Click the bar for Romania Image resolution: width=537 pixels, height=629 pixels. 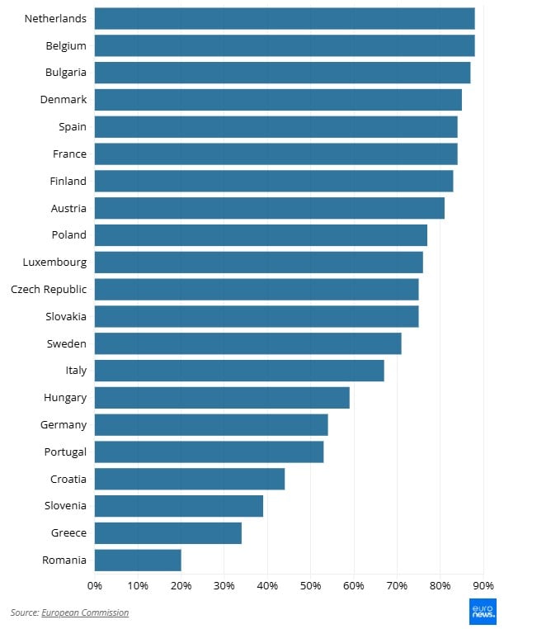click(x=138, y=560)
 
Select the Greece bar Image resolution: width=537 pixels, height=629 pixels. click(x=168, y=532)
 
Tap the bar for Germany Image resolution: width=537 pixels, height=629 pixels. click(x=211, y=424)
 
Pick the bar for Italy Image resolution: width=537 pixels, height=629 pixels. click(x=239, y=371)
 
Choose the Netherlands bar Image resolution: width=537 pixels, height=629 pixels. click(x=285, y=18)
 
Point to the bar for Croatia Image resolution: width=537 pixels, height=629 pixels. click(x=190, y=479)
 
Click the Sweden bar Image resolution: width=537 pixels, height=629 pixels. click(x=248, y=343)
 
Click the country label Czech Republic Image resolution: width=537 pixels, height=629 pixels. click(x=49, y=289)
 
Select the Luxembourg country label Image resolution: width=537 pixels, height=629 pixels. click(x=54, y=262)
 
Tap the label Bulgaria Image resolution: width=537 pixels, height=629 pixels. click(x=66, y=73)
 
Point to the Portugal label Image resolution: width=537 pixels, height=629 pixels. click(x=65, y=452)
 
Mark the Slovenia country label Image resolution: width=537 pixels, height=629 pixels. click(x=65, y=506)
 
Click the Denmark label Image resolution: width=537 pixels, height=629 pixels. click(x=64, y=100)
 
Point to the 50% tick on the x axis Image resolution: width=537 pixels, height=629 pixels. click(x=310, y=586)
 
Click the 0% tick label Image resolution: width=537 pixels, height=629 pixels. click(x=95, y=586)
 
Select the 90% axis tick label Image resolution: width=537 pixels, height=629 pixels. click(x=483, y=586)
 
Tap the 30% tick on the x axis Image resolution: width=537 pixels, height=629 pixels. click(x=224, y=586)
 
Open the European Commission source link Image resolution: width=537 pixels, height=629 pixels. click(x=85, y=612)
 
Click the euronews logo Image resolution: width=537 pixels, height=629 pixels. click(x=483, y=611)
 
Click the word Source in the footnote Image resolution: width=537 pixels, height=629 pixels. click(x=24, y=612)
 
